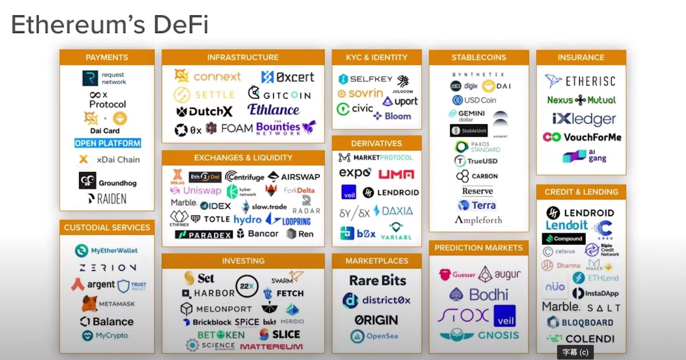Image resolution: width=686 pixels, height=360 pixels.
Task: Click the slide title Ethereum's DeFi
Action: click(x=110, y=25)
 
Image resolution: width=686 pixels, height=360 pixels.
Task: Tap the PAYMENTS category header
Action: click(x=107, y=57)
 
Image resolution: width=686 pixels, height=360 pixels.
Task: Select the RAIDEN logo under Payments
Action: click(x=108, y=199)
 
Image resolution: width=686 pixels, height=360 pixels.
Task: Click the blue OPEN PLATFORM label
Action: click(x=108, y=143)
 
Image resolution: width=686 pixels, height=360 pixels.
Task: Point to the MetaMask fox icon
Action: click(x=89, y=303)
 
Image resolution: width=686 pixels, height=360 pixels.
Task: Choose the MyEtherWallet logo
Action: click(x=106, y=250)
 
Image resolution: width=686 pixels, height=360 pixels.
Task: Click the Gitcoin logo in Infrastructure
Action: click(x=280, y=93)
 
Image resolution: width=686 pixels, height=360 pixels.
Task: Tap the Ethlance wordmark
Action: click(x=273, y=110)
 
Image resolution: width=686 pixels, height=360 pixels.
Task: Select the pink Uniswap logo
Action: click(x=196, y=190)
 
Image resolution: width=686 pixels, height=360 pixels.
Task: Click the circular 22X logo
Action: click(x=247, y=286)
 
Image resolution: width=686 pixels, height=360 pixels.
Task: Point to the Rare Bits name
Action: click(x=377, y=281)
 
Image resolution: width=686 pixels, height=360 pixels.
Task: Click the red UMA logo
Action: click(x=396, y=174)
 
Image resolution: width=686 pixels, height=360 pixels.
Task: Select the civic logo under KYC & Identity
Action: click(x=355, y=109)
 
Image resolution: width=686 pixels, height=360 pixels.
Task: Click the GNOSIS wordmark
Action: click(x=498, y=335)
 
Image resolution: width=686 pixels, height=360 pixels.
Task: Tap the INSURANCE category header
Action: click(x=581, y=57)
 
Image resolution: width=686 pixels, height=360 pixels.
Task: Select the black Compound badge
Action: click(x=564, y=239)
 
